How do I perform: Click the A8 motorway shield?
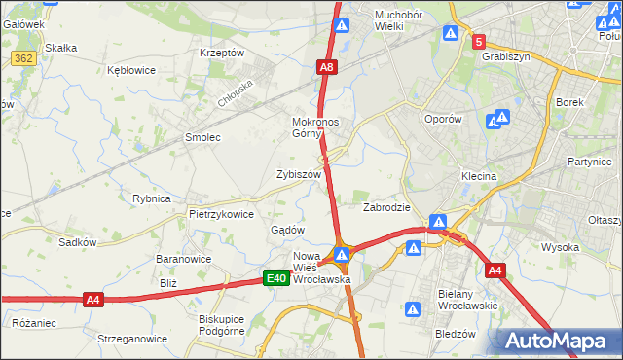click(x=328, y=67)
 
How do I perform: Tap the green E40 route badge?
click(x=276, y=279)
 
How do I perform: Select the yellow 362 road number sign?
click(x=25, y=59)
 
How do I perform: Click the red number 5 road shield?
click(x=479, y=42)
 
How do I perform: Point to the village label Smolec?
click(x=202, y=138)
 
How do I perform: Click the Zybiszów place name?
click(x=298, y=174)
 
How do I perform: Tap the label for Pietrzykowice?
click(x=221, y=214)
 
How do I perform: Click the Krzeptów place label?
click(x=221, y=53)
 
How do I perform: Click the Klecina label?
click(x=479, y=177)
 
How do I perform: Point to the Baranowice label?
click(x=184, y=260)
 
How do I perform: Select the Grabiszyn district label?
click(x=505, y=56)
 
